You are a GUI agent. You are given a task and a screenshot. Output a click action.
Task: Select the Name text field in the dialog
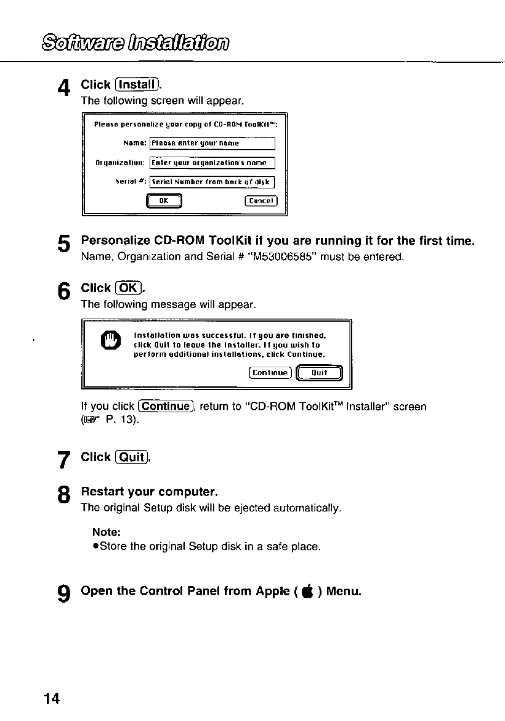(212, 144)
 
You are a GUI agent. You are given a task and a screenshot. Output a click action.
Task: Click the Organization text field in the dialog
(212, 163)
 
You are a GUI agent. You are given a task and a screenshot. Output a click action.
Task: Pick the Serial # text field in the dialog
(212, 181)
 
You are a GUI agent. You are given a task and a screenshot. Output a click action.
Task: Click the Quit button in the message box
(318, 372)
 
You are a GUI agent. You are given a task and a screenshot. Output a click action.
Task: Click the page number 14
(52, 698)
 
